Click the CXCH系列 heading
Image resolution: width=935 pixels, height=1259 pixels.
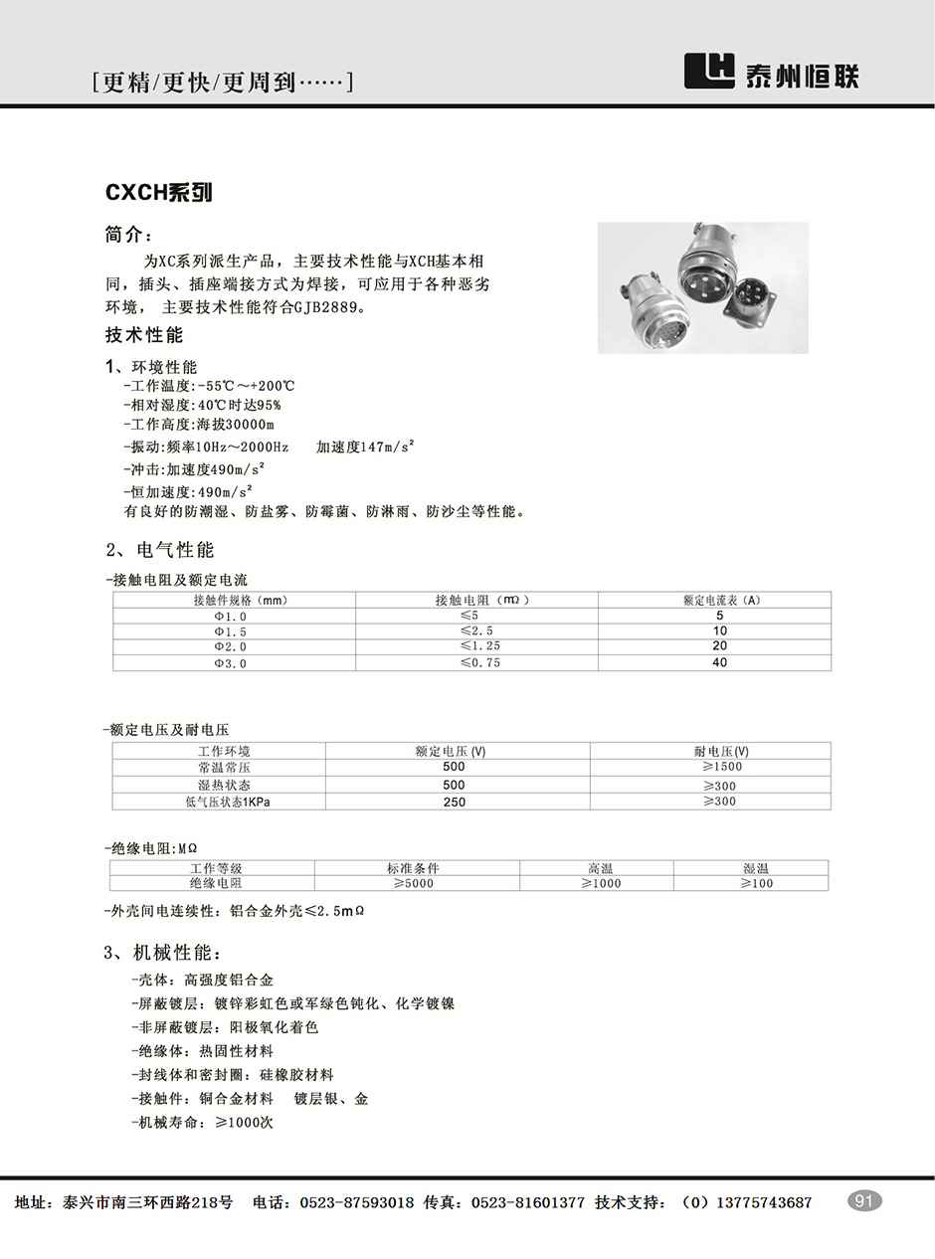[159, 192]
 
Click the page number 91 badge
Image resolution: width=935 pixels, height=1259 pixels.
[863, 1201]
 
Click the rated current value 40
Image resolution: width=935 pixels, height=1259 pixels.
[719, 662]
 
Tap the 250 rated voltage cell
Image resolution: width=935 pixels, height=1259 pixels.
[454, 802]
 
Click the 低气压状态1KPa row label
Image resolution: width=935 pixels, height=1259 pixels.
[227, 802]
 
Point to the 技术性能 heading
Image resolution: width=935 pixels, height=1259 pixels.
[144, 335]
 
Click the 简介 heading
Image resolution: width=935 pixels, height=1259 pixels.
[128, 236]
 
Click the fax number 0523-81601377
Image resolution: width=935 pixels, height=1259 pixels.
[527, 1202]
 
